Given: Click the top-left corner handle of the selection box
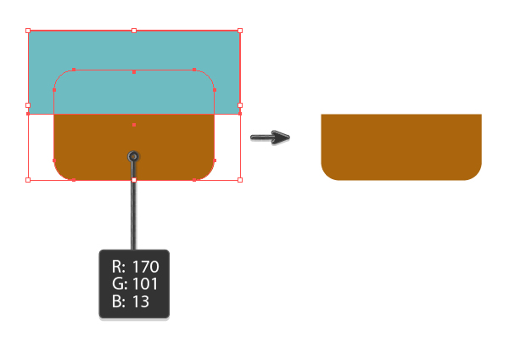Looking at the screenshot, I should (28, 31).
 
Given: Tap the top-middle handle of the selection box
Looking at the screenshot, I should (134, 31).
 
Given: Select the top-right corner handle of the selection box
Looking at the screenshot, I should (240, 31).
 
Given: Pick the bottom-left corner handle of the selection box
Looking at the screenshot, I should (28, 180).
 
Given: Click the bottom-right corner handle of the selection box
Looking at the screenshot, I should (240, 180).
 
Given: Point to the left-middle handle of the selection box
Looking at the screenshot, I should (28, 105).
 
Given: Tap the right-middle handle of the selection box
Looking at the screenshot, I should (240, 105).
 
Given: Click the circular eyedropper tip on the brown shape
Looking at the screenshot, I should (134, 156).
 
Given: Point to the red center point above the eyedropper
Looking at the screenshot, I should (134, 126).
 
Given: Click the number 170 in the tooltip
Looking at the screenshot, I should (144, 267).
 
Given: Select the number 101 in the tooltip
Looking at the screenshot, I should (144, 284).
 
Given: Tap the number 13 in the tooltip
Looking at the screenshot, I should (140, 301).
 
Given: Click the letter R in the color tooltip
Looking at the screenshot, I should (115, 267).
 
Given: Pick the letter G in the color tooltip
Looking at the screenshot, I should (115, 284).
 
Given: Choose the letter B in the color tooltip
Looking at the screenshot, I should (115, 301).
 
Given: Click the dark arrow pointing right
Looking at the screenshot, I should (271, 137).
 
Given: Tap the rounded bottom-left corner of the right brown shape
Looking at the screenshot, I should (327, 173).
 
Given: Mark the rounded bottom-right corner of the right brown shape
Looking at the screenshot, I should (475, 173).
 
